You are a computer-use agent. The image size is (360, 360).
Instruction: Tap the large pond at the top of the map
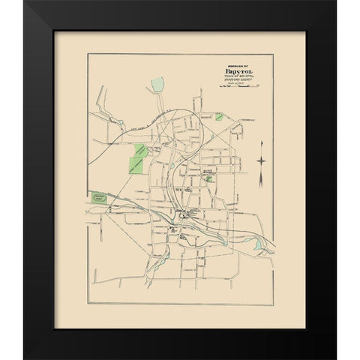coord(157,85)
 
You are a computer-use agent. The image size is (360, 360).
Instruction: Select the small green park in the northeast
coord(218,117)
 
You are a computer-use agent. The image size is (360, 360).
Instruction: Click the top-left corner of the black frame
coord(25,2)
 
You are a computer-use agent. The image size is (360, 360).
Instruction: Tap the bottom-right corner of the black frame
coord(335,358)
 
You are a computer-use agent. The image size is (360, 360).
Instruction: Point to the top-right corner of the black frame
coord(335,2)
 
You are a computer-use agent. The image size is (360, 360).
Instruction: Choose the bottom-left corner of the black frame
coord(25,358)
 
